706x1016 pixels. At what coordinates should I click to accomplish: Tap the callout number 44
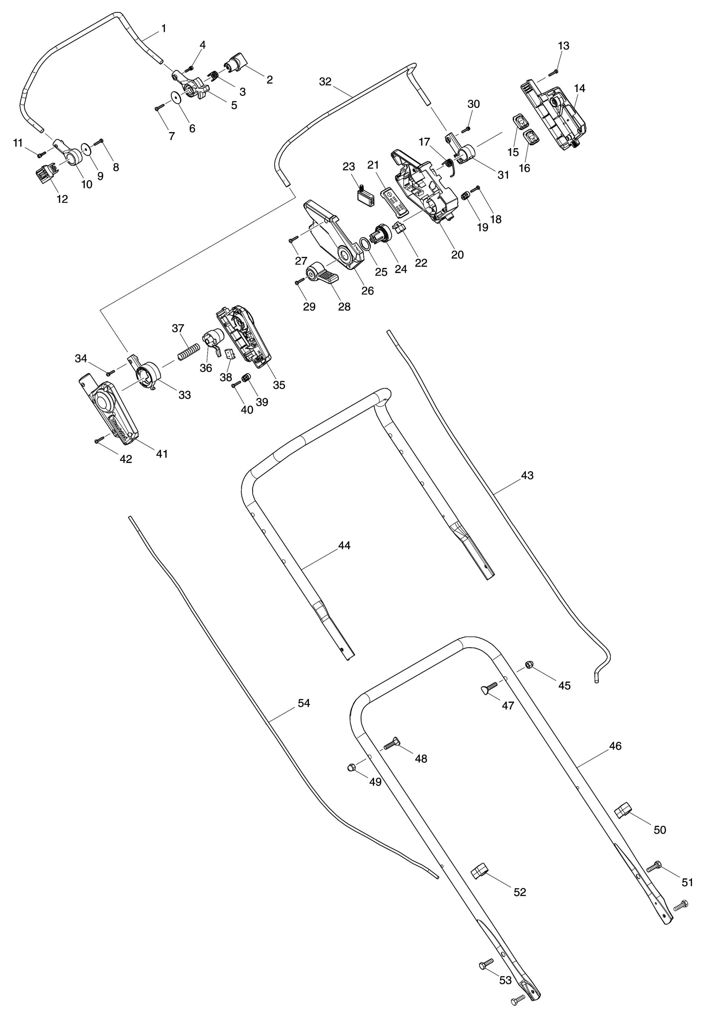click(344, 546)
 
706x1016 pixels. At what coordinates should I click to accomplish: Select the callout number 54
click(304, 703)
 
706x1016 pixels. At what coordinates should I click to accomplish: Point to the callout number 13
click(564, 46)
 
